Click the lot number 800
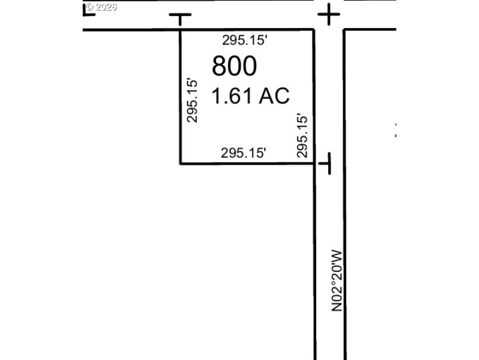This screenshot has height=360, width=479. pos(234,66)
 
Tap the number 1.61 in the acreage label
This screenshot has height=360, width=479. pos(231,96)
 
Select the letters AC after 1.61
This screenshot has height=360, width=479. pos(274,96)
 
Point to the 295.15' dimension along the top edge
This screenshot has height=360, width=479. pos(244,41)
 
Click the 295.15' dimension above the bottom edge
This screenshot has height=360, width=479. pos(243,153)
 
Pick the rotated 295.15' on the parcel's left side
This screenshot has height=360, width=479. pos(192,99)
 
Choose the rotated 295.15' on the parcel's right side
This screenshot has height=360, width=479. pos(302,135)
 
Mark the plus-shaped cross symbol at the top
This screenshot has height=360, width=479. pos(328,14)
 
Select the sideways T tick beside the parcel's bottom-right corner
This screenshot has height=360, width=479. pos(327,163)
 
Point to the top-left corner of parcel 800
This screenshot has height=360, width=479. pos(181,29)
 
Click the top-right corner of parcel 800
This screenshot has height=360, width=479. pos(314,29)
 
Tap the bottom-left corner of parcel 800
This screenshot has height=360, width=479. pos(181,163)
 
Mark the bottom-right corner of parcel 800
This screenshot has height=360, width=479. pos(314,163)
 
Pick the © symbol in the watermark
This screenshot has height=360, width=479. pos(89,7)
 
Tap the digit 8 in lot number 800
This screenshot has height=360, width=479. pos(220,66)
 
